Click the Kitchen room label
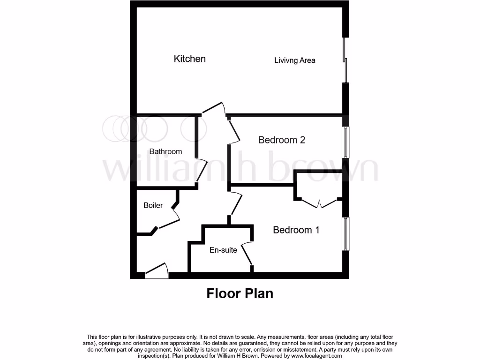point(190,59)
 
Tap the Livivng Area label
point(295,60)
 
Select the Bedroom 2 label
point(282,140)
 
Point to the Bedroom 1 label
point(296,230)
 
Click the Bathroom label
point(165,151)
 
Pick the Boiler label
point(153,205)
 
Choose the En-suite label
point(223,250)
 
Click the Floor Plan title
point(240,293)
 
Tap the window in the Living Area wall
point(346,60)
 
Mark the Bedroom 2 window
point(346,142)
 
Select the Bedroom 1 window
point(346,233)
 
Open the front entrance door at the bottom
point(157,272)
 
